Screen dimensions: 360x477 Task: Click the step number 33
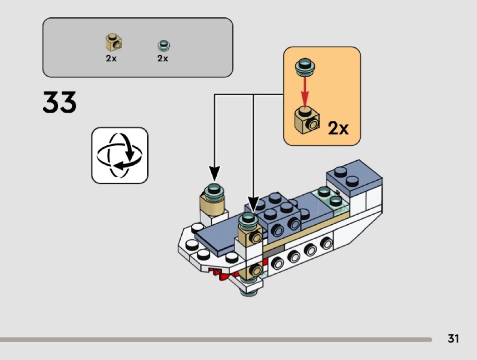[x=60, y=103]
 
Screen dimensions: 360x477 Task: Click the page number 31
[x=453, y=339]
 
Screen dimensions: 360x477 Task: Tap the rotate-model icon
[x=120, y=155]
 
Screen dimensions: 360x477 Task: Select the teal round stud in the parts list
[x=163, y=44]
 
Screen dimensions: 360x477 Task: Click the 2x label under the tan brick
[x=111, y=58]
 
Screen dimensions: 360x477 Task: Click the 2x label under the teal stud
[x=163, y=58]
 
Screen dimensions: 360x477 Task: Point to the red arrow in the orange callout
[x=305, y=90]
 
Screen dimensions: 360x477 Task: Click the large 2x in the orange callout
[x=338, y=129]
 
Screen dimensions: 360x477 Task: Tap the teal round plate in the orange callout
[x=304, y=67]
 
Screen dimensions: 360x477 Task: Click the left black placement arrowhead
[x=214, y=173]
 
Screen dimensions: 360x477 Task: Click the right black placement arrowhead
[x=253, y=204]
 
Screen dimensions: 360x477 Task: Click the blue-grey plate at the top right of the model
[x=352, y=177]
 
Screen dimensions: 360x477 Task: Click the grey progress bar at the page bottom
[x=216, y=339]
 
